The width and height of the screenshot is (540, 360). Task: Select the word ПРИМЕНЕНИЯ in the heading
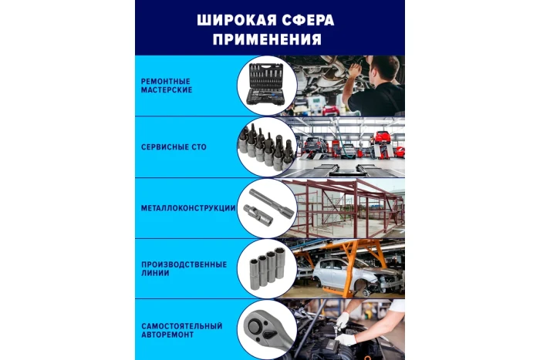(269, 38)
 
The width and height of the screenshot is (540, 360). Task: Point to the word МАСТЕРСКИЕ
(167, 90)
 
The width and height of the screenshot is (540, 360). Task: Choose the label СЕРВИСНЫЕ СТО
(174, 146)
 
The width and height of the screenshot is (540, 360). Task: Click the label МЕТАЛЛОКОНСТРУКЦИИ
(187, 207)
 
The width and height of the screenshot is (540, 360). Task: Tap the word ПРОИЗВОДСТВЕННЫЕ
(184, 264)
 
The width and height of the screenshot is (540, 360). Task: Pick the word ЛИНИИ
(154, 274)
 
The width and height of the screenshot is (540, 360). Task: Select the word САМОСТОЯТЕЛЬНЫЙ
(182, 325)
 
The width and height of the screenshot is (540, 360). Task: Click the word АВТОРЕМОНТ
(167, 335)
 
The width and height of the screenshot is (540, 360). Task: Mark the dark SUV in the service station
(315, 143)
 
